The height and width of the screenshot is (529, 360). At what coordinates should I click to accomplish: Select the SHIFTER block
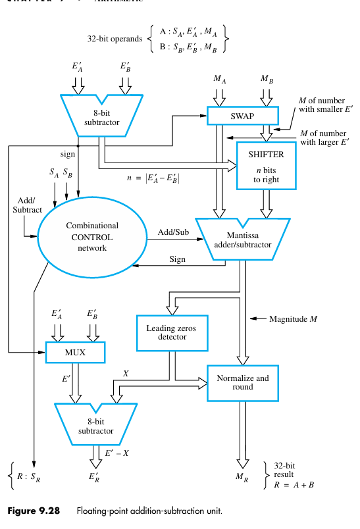[x=267, y=164]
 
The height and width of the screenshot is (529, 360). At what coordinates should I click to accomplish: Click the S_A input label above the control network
[x=54, y=172]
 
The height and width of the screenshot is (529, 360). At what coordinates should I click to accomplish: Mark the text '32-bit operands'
[x=115, y=39]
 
